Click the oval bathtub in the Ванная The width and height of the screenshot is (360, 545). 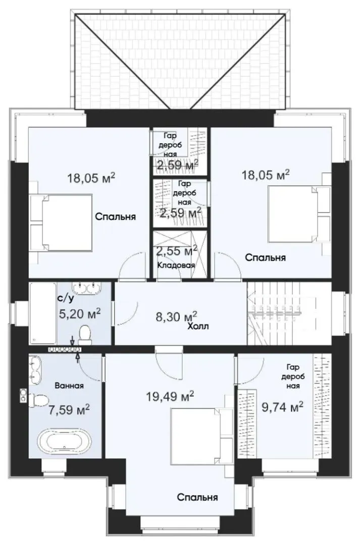tap(64, 441)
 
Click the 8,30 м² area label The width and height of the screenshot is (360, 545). tap(176, 316)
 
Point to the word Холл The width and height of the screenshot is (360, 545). tap(198, 326)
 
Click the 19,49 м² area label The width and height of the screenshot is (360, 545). tap(170, 396)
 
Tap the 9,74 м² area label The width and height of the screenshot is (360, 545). tap(282, 407)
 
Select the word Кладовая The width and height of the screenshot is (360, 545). tap(176, 265)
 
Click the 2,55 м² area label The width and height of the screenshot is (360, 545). tap(176, 250)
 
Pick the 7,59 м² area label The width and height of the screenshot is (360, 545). tap(69, 410)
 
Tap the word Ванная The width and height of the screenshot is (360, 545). tap(69, 386)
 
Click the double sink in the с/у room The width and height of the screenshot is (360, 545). tap(86, 288)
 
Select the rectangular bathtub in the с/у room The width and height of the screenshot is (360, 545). tap(43, 313)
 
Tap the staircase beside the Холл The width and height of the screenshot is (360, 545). tap(289, 313)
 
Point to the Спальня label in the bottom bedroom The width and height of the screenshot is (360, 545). tap(197, 497)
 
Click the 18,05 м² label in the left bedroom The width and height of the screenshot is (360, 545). tap(91, 178)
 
